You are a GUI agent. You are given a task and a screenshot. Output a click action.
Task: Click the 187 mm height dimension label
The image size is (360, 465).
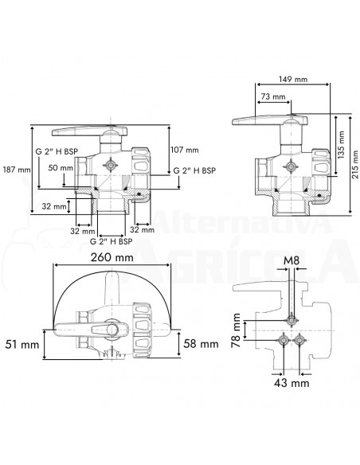pos(16,170)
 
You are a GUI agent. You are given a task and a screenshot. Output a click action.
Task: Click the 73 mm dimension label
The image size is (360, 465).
pos(271,96)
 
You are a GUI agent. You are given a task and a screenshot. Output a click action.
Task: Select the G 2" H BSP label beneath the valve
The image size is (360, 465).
pos(111,240)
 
